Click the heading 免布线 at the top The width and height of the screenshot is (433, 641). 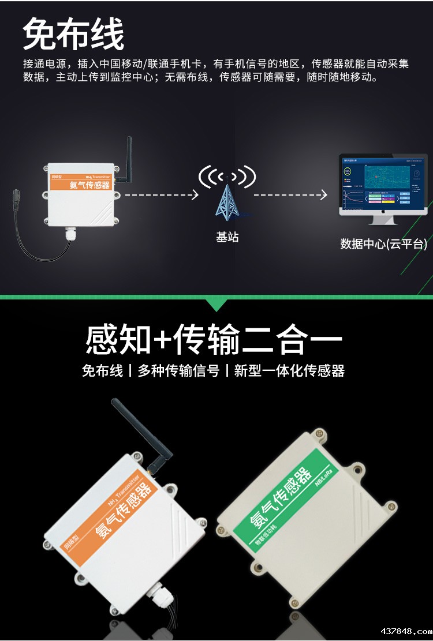click(x=73, y=33)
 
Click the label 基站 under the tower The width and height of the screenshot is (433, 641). click(x=227, y=237)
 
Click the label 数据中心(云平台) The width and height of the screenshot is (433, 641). click(x=383, y=244)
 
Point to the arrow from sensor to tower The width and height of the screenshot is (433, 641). click(x=162, y=195)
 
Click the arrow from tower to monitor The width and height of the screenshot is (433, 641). click(x=290, y=195)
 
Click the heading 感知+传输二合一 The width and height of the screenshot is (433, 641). click(x=214, y=339)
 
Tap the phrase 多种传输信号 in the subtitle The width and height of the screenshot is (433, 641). click(x=178, y=371)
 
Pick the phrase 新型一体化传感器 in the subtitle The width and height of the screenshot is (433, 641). click(x=289, y=371)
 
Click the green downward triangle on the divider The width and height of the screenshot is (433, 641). click(x=216, y=304)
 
